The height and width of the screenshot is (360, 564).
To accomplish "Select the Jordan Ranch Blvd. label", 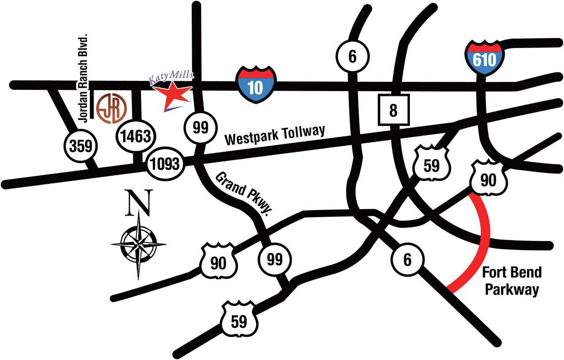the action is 85,80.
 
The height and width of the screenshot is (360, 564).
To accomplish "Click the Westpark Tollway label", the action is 274,134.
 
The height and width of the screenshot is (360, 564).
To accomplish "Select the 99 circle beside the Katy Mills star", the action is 201,127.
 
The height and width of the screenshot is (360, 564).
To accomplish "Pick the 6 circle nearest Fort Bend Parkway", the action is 407,258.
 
